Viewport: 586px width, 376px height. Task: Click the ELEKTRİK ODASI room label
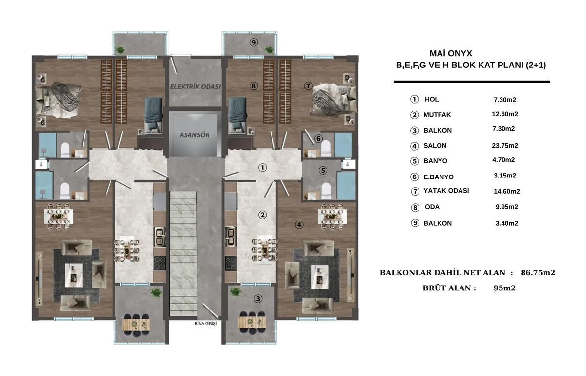(195, 87)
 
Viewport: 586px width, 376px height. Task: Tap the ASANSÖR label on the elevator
(194, 135)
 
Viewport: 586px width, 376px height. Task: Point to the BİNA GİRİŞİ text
(206, 324)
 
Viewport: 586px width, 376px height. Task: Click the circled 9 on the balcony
(253, 42)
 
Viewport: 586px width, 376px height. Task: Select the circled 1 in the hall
(262, 168)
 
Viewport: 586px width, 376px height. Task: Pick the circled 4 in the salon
(299, 225)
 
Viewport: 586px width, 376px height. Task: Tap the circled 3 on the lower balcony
(258, 299)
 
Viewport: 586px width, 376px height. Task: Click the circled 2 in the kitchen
(262, 215)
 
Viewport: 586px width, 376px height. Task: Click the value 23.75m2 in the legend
(505, 146)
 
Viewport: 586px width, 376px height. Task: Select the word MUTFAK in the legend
(437, 115)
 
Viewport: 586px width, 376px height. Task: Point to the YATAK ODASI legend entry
(446, 191)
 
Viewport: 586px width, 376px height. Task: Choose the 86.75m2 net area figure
(538, 273)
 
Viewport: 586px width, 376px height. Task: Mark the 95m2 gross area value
(504, 288)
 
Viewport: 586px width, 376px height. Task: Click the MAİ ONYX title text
(451, 53)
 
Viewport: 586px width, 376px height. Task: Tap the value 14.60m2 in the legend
(507, 192)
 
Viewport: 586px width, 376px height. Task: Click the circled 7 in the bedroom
(308, 86)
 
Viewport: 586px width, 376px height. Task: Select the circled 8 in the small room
(253, 86)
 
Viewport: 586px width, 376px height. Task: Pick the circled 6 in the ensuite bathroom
(318, 138)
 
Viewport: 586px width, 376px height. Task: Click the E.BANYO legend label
(439, 177)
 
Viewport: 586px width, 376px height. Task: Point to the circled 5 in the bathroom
(323, 170)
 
